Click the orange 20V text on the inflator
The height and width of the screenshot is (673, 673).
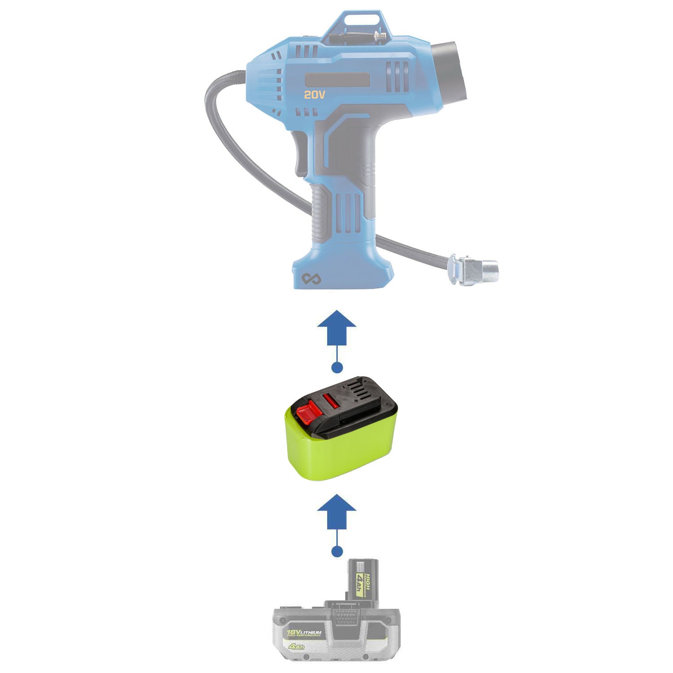(314, 95)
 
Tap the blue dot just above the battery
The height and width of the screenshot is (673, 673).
(336, 551)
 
